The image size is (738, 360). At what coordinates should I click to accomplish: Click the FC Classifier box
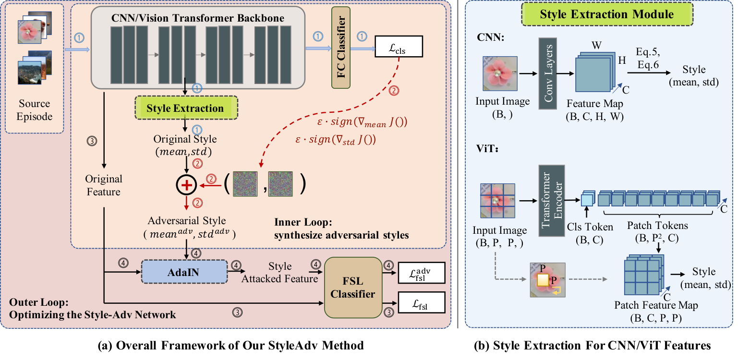point(340,48)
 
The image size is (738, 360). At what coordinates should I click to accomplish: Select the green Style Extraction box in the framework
point(186,108)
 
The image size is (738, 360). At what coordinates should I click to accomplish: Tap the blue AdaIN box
point(184,272)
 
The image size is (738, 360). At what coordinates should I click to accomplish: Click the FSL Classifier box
point(353,287)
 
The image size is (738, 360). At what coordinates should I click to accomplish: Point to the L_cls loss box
point(399,47)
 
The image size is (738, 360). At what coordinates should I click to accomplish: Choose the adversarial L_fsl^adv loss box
point(422,273)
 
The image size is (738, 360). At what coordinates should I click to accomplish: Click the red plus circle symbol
point(186,185)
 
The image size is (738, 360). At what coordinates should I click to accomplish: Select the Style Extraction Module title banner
point(607,14)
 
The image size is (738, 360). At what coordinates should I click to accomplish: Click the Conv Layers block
point(547,73)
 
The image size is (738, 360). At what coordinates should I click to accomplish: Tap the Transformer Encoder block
point(552,201)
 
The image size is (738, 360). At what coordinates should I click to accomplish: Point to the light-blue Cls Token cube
point(587,198)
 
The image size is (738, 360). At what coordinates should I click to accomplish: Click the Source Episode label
point(34,109)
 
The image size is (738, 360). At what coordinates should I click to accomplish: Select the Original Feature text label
point(103,185)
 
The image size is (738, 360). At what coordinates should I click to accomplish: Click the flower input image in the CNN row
point(500,73)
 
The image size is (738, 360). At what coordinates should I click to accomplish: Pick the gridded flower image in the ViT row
point(497,201)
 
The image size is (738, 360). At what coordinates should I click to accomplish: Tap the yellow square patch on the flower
point(542,280)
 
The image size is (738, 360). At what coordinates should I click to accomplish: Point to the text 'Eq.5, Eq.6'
point(648,58)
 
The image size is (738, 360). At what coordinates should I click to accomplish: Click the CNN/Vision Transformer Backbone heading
point(198,18)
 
